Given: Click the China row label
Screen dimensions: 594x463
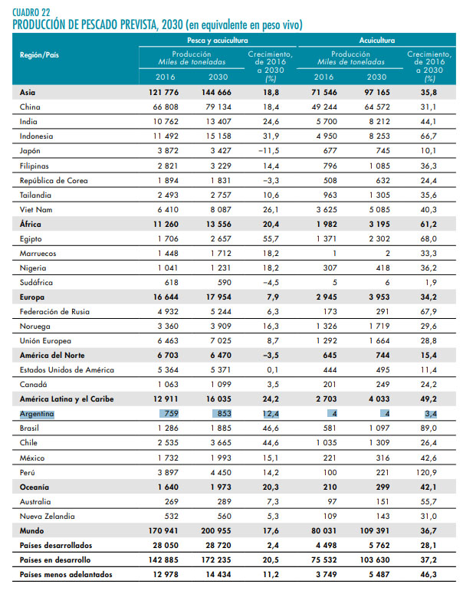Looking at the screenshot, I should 30,107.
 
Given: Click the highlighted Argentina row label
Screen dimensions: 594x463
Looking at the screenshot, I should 37,413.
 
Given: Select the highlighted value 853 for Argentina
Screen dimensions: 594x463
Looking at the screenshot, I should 219,413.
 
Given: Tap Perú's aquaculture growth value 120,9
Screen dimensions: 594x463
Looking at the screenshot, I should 429,471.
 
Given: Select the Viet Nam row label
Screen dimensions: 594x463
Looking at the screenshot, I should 35,209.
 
